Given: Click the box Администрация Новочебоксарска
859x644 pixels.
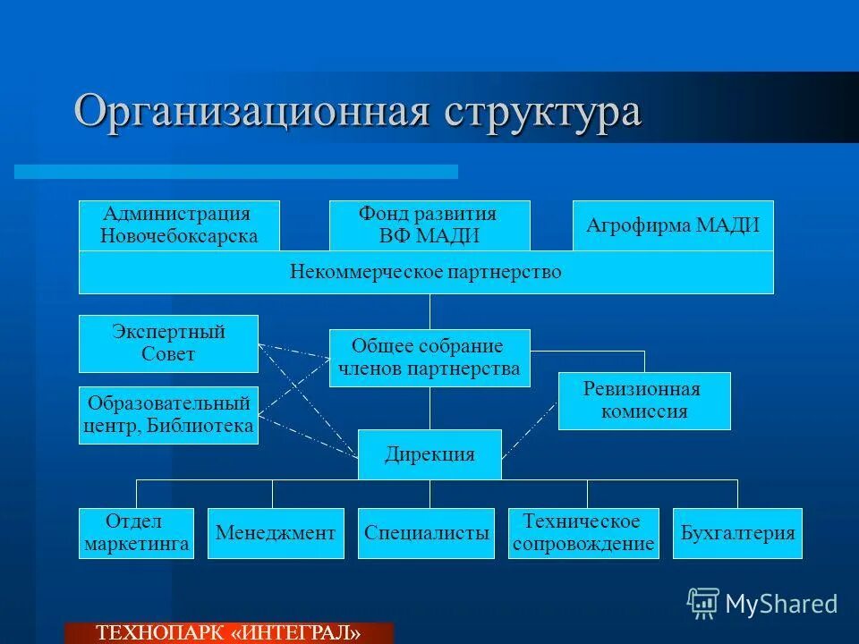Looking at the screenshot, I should [x=179, y=225].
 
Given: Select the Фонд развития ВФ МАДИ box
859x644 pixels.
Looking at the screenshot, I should [x=429, y=225].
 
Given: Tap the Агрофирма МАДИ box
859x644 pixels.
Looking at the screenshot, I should [x=673, y=225].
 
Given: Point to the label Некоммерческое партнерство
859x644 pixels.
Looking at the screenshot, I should [x=426, y=272].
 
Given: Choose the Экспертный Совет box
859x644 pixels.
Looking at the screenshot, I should [x=168, y=343].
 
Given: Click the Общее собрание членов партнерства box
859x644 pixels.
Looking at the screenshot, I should [x=429, y=358].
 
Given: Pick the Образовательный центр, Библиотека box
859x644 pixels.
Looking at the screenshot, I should [x=168, y=415].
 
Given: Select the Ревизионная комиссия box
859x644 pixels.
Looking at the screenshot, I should [x=644, y=401].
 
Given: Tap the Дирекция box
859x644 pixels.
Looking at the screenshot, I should [x=429, y=454].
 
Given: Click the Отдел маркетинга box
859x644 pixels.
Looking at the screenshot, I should [x=136, y=533].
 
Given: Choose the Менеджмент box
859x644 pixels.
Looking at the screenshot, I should [x=276, y=533].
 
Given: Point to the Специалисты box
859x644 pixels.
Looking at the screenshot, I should [x=426, y=533].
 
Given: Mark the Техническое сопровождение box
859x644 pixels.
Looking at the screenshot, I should [x=583, y=533].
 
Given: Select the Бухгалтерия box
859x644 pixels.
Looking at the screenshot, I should [x=737, y=533].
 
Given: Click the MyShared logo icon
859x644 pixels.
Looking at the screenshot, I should [x=703, y=603].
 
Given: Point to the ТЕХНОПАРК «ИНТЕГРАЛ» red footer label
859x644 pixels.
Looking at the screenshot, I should [x=229, y=633].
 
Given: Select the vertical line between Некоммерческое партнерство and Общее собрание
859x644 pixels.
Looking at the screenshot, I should [x=429, y=311].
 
